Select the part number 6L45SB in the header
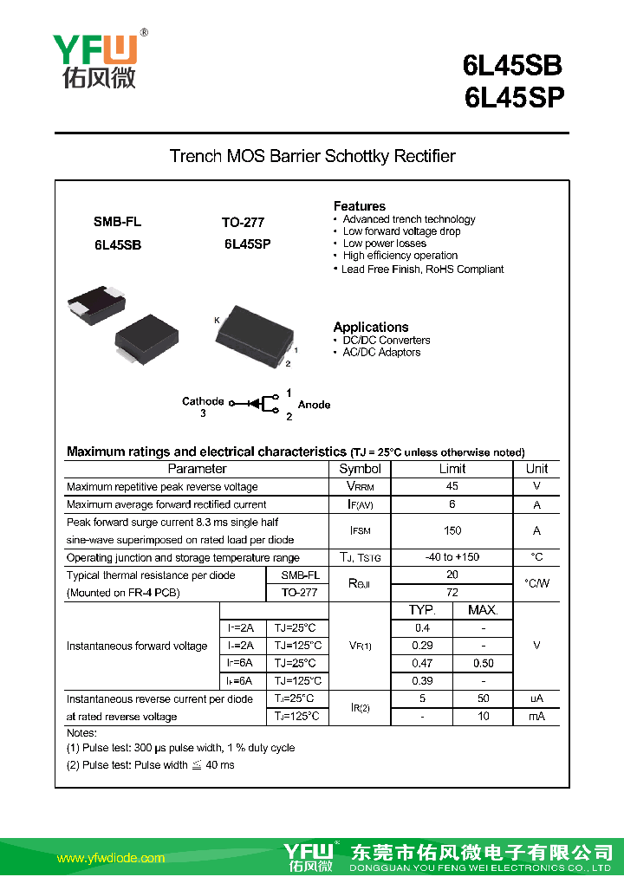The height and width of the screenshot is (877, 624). pos(512,66)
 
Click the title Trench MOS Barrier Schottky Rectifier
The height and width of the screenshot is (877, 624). pos(312,157)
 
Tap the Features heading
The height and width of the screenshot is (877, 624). pos(359,206)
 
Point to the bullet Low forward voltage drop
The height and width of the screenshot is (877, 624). pos(401,231)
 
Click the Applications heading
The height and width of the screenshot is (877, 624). pos(370,327)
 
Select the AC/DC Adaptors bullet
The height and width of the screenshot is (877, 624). pos(381,353)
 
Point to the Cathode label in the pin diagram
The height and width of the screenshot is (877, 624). pos(203,401)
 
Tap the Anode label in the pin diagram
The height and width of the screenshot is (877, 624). pos(314,405)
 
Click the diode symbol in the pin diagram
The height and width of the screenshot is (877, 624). pos(255,404)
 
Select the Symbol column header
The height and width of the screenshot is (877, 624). pos(360,469)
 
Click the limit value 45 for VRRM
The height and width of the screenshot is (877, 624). pos(452,486)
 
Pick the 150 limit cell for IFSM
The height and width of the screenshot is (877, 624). pos(452,530)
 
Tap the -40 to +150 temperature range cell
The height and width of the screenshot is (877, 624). pos(452,557)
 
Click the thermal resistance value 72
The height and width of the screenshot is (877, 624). pos(452,593)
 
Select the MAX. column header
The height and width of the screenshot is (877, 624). pos(483,610)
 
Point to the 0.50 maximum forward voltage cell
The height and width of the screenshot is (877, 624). pos(483,663)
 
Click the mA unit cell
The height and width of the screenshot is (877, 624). pos(536,717)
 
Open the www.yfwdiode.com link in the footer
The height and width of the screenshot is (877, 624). pos(111,858)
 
